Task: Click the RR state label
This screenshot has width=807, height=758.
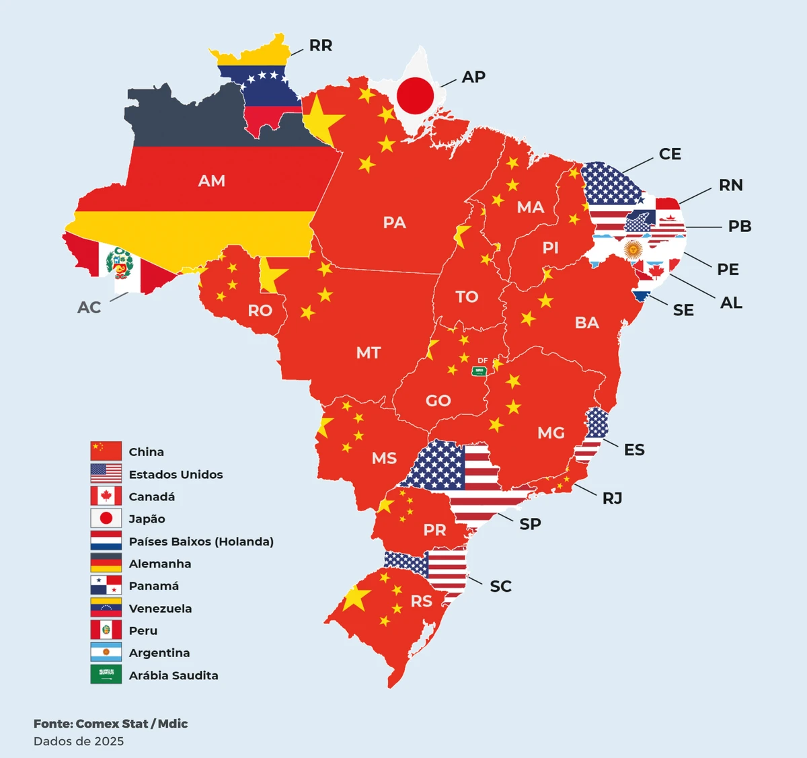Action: click(320, 46)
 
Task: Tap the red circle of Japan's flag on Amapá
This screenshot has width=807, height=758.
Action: click(415, 95)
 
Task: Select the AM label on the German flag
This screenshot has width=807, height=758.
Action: click(211, 181)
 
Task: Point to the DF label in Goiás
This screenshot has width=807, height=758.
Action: click(482, 361)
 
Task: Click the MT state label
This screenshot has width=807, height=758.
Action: click(368, 353)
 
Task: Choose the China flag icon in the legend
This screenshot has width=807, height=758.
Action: click(106, 451)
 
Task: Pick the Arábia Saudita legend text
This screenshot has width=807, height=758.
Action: click(174, 675)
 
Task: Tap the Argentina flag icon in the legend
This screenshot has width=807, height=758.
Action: click(106, 652)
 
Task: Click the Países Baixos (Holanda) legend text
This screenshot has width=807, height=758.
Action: click(201, 541)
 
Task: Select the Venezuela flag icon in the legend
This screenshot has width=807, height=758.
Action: click(106, 608)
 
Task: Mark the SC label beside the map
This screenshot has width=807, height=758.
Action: click(500, 586)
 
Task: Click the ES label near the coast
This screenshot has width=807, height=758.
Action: click(633, 450)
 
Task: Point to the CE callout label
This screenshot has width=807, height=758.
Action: click(669, 155)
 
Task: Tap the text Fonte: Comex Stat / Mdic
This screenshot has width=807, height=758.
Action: click(111, 724)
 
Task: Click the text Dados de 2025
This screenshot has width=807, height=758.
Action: click(79, 741)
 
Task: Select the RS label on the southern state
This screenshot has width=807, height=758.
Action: click(421, 601)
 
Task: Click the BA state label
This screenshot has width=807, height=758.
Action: click(586, 323)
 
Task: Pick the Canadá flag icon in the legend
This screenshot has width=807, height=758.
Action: click(106, 496)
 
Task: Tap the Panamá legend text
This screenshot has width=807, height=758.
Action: click(154, 586)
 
